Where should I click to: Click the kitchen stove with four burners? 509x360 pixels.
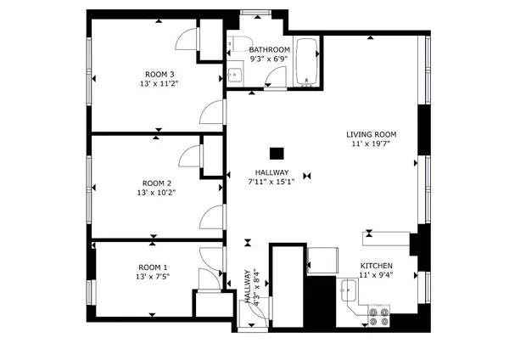point(379,316)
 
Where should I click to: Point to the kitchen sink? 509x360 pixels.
point(348,294)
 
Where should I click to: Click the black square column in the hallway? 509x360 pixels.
point(276,154)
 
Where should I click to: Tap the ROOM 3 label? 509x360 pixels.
point(159,74)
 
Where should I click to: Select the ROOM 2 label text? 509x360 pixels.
point(157,183)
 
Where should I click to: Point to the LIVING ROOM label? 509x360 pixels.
point(371,135)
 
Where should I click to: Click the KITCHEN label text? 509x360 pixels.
point(376,265)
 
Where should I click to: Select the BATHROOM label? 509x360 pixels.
point(270,50)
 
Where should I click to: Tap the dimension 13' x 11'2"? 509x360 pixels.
point(159,84)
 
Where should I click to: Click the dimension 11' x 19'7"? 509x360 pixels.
point(371,145)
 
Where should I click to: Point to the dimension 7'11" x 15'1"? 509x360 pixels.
point(271,181)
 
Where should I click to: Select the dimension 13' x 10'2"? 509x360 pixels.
point(157,194)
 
